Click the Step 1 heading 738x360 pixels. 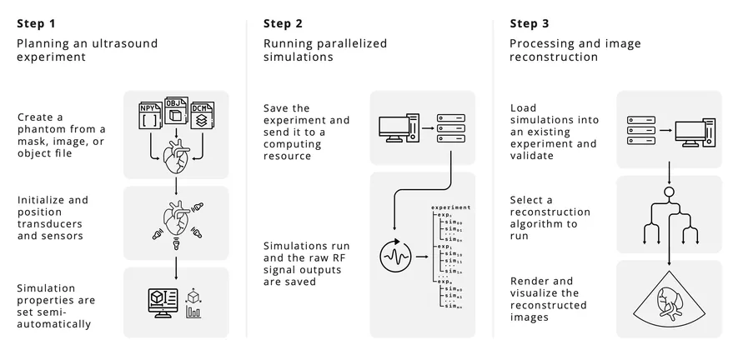[35, 23]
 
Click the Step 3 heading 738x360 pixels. [529, 23]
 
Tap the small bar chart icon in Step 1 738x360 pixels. [194, 312]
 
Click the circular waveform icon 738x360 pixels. [394, 255]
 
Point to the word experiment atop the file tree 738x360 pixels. [450, 206]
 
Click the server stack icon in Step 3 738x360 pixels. [641, 129]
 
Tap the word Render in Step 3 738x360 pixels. [529, 281]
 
